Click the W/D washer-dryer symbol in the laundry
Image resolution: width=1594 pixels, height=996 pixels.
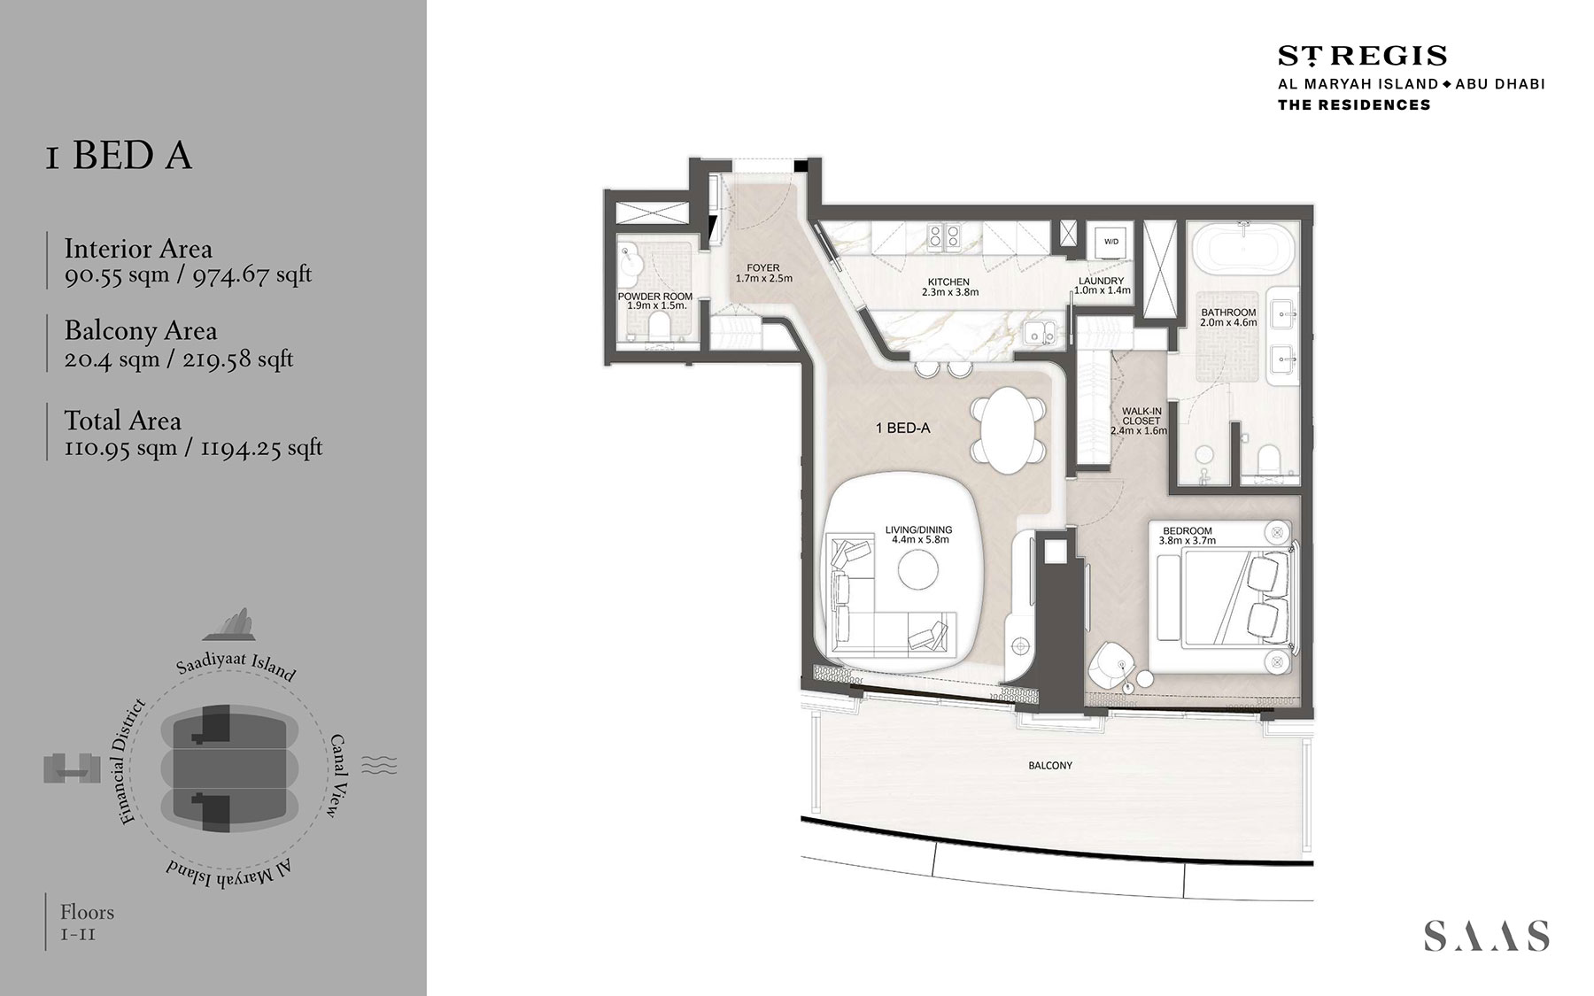pos(1110,242)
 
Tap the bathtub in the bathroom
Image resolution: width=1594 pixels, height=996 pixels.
pos(1243,248)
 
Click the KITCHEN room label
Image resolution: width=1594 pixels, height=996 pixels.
pos(948,282)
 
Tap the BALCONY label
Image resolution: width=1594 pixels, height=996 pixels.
pos(1050,765)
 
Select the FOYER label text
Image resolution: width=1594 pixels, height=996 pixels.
pos(762,268)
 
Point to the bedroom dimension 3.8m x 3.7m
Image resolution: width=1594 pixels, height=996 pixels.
pos(1187,540)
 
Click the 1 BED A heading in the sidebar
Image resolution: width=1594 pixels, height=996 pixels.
pos(119,156)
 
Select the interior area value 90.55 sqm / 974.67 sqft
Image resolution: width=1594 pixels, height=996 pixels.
pos(188,274)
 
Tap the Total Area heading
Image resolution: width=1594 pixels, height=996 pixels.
pos(122,421)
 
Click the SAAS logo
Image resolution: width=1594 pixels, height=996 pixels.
pos(1486,936)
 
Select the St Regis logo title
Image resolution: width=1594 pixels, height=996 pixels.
pos(1362,56)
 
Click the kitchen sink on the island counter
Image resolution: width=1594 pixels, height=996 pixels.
pos(1036,334)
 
